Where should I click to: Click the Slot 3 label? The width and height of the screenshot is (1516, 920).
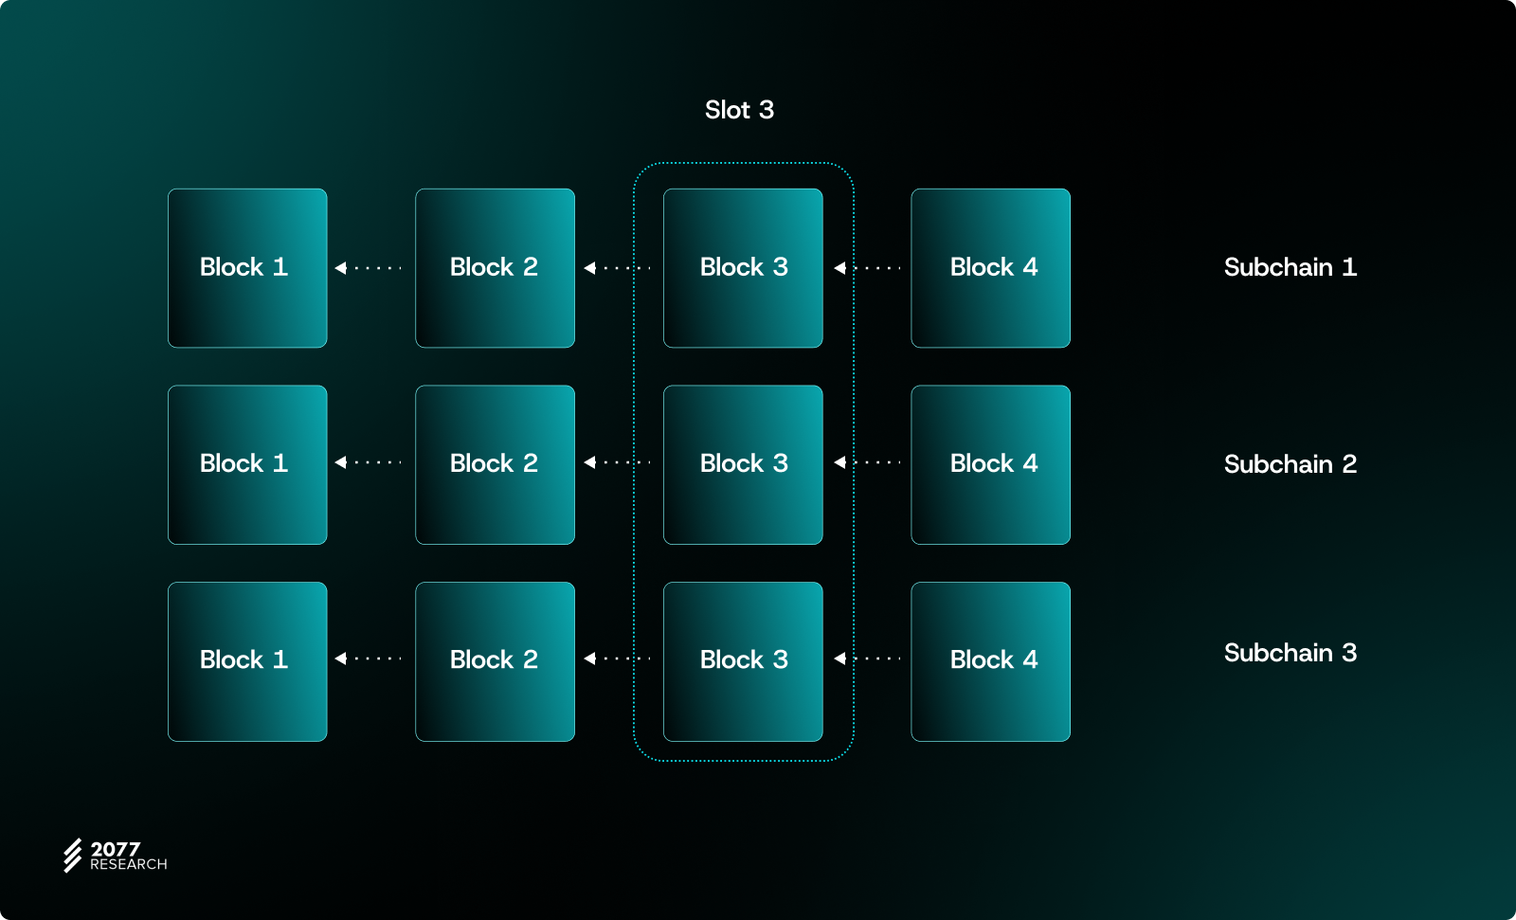tap(739, 110)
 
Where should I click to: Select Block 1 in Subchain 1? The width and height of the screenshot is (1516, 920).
tap(247, 268)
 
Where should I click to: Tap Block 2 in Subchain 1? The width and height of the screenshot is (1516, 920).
tap(495, 268)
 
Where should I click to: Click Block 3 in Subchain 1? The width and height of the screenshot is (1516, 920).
tap(743, 268)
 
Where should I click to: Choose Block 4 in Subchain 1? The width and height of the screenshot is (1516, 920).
tap(990, 268)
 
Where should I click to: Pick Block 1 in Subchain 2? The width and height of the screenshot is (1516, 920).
tap(247, 464)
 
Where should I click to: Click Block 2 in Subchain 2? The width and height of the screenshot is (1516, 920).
tap(495, 464)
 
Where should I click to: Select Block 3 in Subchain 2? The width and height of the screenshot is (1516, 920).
tap(743, 464)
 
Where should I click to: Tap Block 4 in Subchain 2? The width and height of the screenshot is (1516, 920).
tap(990, 464)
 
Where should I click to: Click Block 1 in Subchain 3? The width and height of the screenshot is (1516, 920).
tap(247, 661)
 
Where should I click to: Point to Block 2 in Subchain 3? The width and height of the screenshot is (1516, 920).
tap(495, 661)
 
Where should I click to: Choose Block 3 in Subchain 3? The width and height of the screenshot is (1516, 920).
tap(743, 661)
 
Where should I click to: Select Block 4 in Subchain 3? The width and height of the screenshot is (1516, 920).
tap(990, 661)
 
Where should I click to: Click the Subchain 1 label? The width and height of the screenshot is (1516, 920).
tap(1290, 267)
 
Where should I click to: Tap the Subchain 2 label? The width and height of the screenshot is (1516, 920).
tap(1290, 464)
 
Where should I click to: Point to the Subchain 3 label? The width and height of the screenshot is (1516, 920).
tap(1290, 653)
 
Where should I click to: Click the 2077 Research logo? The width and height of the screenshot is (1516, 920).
tap(115, 856)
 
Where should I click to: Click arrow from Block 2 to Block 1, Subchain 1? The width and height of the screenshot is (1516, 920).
tap(369, 268)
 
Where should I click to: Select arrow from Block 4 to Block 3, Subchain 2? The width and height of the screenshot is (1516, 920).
tap(867, 462)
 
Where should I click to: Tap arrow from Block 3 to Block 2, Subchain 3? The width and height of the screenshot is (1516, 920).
tap(617, 658)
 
